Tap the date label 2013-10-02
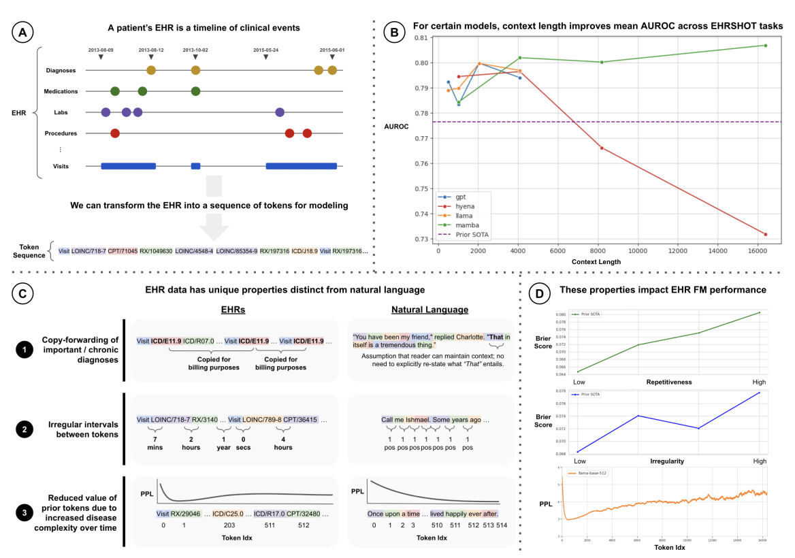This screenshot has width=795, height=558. tap(196, 50)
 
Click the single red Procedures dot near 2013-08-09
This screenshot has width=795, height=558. tap(115, 133)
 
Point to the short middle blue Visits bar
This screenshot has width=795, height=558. tap(196, 165)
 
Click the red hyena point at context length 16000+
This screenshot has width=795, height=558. tap(766, 234)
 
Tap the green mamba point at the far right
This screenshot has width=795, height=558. tap(766, 46)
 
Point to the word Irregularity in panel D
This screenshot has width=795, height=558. tap(666, 461)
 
